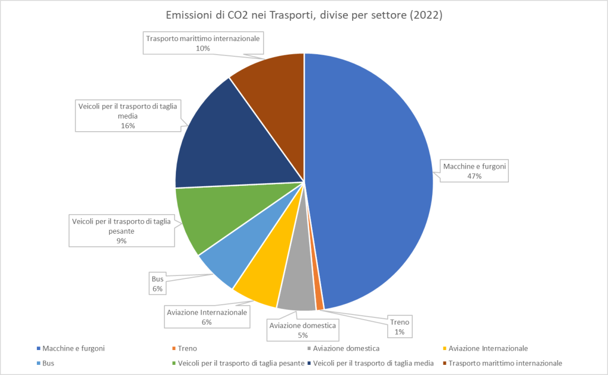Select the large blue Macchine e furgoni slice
374,178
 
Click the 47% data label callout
474,171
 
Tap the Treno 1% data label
399,327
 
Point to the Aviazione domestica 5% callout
303,330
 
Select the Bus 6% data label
157,283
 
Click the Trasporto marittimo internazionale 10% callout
202,43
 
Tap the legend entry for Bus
47,363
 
